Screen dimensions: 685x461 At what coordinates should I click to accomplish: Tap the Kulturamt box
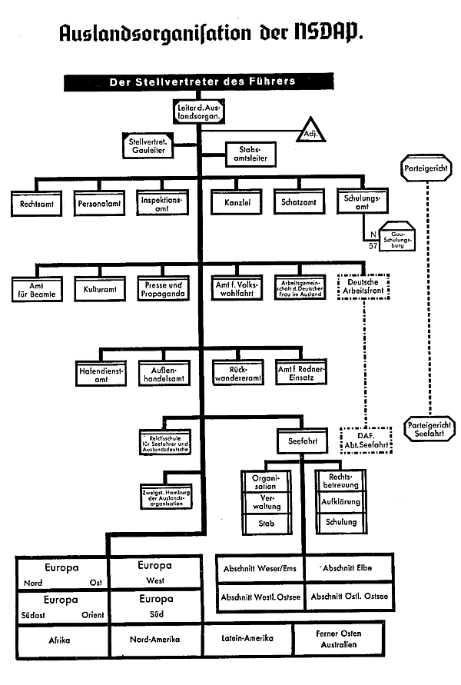click(98, 291)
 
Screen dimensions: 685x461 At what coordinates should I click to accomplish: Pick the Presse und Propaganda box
click(162, 290)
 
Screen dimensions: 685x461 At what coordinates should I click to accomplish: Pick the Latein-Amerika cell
click(249, 637)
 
